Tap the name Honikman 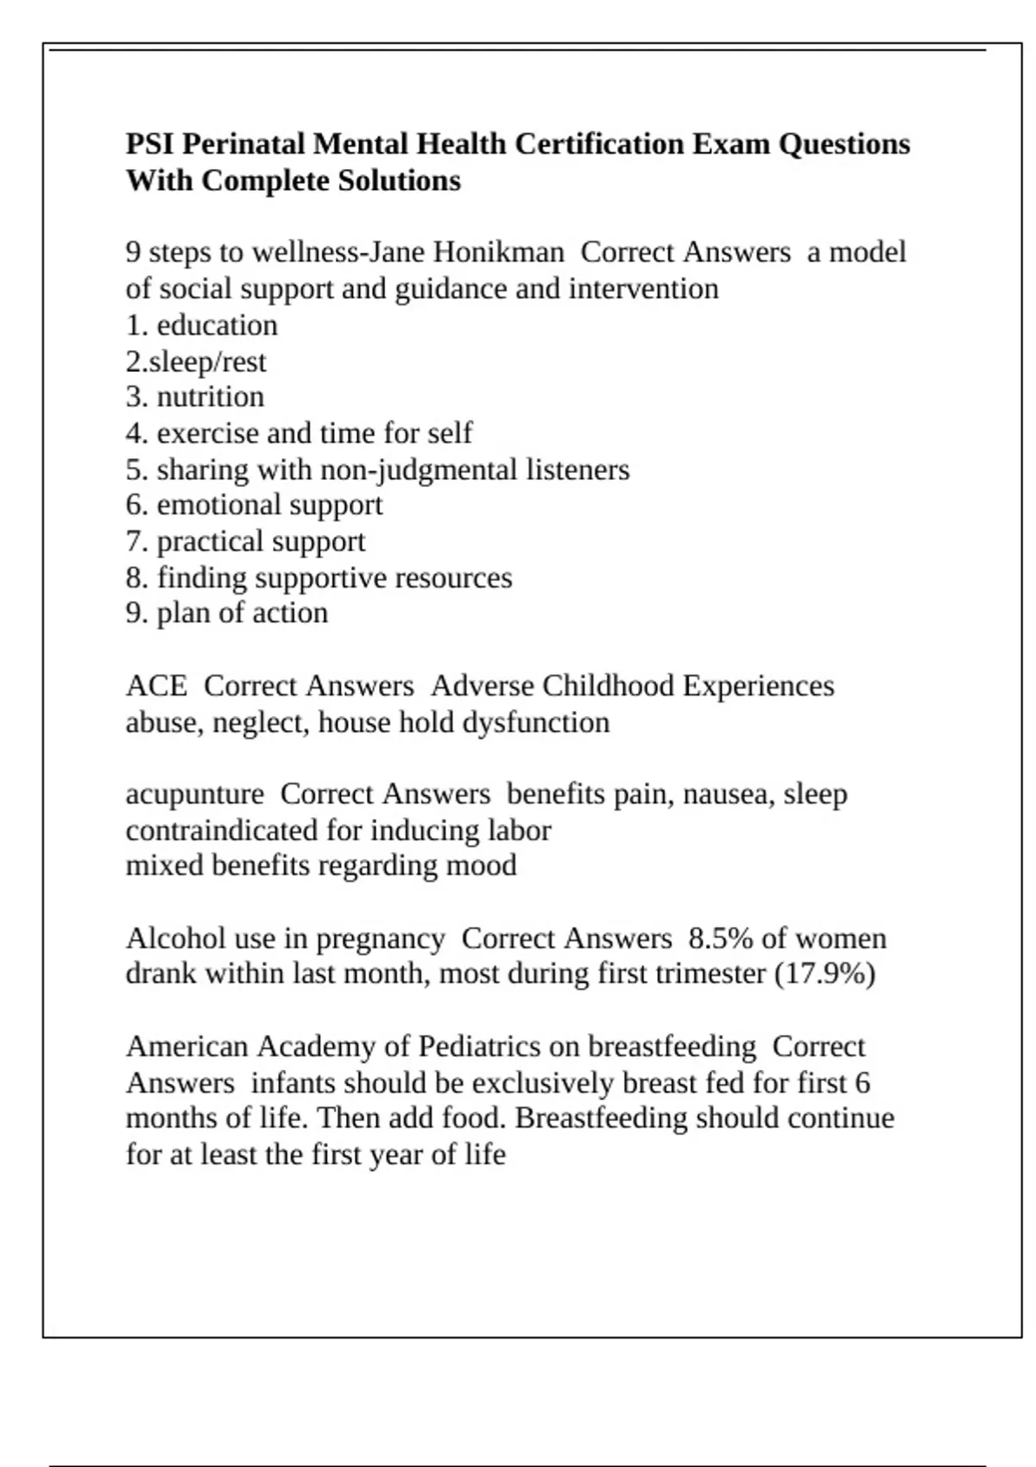[x=498, y=252]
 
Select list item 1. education [x=201, y=325]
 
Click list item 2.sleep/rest [x=196, y=362]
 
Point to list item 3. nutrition [x=195, y=397]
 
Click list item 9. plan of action [x=226, y=613]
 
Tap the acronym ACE [x=156, y=686]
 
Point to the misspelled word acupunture [x=195, y=794]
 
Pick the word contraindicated [x=221, y=830]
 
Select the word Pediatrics [x=479, y=1046]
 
